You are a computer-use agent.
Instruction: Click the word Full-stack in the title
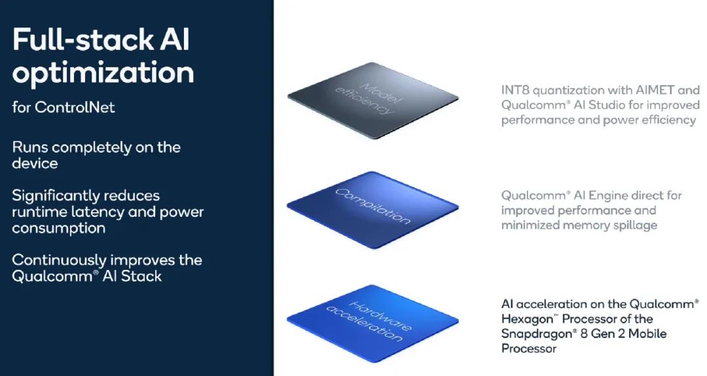click(83, 40)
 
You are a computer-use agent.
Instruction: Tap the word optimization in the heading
click(103, 73)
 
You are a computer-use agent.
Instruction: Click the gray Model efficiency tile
click(373, 100)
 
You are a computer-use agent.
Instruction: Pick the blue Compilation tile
click(373, 210)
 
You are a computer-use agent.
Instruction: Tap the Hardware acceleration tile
click(373, 323)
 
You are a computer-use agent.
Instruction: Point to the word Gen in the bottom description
click(605, 334)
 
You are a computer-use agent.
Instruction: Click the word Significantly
click(49, 196)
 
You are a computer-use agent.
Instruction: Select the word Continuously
click(60, 261)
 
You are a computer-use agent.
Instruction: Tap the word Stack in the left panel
click(141, 276)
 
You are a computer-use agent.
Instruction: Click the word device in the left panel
click(35, 163)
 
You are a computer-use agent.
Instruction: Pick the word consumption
click(59, 229)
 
